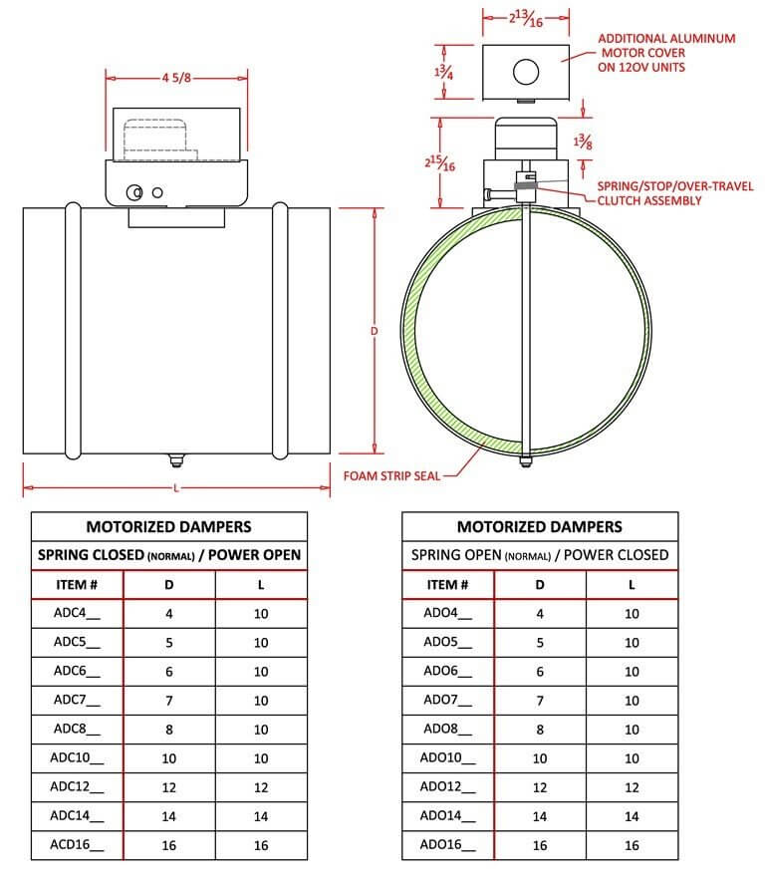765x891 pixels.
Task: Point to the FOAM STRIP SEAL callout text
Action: (391, 475)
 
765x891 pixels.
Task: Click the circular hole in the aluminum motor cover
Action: (526, 71)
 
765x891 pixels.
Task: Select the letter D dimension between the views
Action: (375, 329)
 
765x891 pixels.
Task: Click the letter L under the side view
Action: (176, 488)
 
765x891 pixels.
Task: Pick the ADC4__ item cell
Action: (76, 614)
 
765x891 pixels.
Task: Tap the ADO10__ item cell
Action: (447, 757)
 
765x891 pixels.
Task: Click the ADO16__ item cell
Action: (447, 844)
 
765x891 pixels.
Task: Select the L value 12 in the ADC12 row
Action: (261, 786)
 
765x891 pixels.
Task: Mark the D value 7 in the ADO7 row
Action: (540, 701)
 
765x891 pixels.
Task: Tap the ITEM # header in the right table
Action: (447, 585)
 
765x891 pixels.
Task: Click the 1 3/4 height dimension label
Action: (444, 71)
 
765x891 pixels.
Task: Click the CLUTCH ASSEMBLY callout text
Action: (649, 200)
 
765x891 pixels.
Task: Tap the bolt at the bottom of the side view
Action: (175, 459)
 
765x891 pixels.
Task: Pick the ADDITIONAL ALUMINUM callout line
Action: (666, 39)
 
